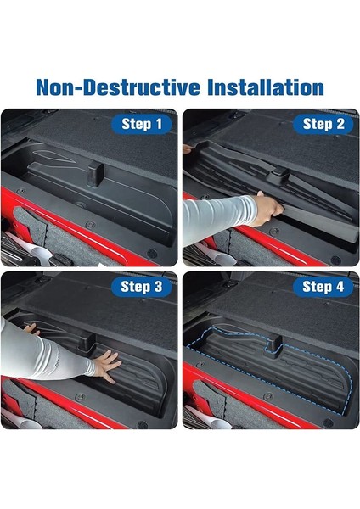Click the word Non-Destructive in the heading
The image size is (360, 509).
pos(118,87)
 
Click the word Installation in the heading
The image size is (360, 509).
pos(266,87)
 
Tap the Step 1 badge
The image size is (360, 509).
pos(141,124)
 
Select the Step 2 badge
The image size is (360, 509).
pos(323,124)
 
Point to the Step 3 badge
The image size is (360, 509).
pos(141,287)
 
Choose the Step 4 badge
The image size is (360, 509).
pos(323,287)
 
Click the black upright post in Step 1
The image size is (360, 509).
pos(96,174)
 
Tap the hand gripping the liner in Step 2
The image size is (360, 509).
pos(267,209)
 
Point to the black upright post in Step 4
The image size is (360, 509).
pos(273,346)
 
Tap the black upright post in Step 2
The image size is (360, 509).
pos(280,173)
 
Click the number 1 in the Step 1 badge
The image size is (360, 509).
pos(158,124)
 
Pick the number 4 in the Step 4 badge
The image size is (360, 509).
pos(340,287)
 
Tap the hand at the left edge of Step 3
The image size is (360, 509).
pos(31,329)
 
